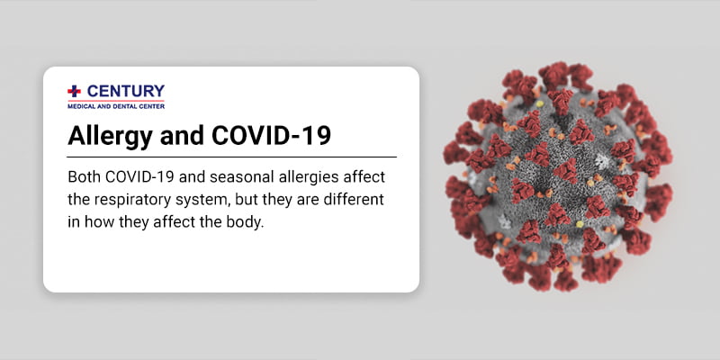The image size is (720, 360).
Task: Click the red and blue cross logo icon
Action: (74, 91)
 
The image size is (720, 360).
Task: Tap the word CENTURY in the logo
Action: (125, 91)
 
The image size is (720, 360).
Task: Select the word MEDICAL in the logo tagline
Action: (80, 106)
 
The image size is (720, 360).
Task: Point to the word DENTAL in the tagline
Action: (119, 106)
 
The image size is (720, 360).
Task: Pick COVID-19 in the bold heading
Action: (271, 136)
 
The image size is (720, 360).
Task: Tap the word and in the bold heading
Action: (181, 136)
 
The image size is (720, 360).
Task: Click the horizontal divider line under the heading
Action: (231, 157)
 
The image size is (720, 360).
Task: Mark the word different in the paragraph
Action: (355, 200)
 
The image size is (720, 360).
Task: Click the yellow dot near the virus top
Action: (540, 103)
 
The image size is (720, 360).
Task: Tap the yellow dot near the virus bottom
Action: (580, 224)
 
